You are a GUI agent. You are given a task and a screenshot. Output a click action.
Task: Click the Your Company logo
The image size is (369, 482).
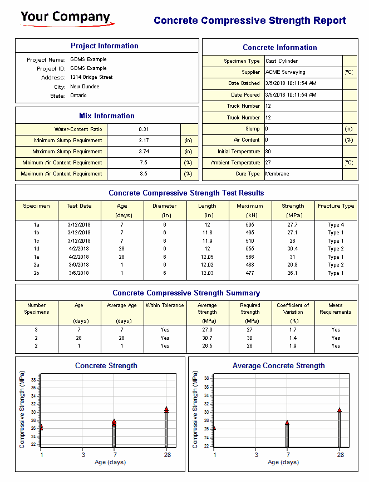(x=66, y=18)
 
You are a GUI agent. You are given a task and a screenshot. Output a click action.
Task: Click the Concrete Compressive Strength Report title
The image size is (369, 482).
(x=250, y=21)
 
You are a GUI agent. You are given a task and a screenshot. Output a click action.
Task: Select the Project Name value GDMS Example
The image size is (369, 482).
(x=88, y=59)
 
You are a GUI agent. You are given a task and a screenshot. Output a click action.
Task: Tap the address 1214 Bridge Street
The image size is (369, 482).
(x=91, y=77)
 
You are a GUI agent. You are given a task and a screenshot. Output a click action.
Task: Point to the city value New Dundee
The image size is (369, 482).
(x=85, y=87)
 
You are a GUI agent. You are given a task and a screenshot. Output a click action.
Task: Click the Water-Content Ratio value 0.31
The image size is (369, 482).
(x=144, y=129)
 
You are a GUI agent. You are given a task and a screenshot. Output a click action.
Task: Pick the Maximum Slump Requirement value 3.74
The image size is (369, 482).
(x=144, y=152)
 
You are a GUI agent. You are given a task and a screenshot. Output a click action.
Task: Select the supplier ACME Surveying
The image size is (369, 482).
(x=285, y=72)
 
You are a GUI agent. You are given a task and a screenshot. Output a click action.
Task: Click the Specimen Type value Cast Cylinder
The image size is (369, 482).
(x=282, y=61)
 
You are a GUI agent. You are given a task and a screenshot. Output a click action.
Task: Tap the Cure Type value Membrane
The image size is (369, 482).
(x=277, y=174)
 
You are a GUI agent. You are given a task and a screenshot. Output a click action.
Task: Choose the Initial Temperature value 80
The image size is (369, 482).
(x=268, y=152)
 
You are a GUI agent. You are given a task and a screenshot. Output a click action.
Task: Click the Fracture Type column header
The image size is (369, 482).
(x=336, y=206)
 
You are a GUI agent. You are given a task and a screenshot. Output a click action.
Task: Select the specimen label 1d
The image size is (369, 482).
(x=36, y=249)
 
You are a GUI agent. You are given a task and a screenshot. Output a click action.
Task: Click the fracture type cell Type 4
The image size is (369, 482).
(x=336, y=225)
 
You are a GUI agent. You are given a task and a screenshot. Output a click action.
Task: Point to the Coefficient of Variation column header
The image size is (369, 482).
(x=293, y=309)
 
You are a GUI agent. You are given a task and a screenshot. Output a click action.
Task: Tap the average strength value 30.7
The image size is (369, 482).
(x=207, y=338)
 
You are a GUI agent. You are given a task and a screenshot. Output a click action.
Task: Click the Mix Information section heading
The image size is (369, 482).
(x=106, y=116)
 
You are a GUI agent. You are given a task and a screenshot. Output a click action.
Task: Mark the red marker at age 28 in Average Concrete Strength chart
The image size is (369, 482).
(x=340, y=410)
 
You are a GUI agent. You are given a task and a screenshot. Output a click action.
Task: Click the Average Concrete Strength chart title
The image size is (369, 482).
(x=278, y=366)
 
